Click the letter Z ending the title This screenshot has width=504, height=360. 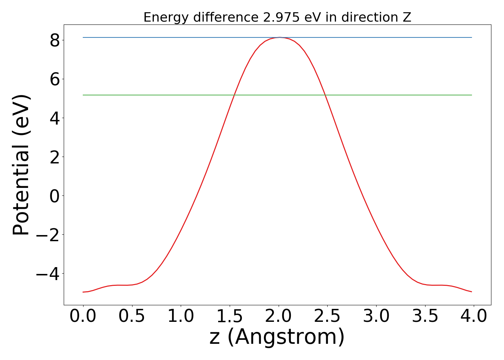tap(407, 17)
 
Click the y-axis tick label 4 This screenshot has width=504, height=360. tap(55, 118)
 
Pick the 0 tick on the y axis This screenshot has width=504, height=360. tap(55, 196)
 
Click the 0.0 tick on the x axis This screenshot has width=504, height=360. tap(83, 316)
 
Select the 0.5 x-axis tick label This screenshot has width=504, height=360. tap(132, 316)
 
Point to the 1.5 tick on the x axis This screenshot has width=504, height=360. tap(230, 316)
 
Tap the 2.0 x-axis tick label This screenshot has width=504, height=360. tap(279, 316)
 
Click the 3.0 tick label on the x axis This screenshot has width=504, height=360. tap(376, 316)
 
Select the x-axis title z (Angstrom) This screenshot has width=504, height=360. tap(277, 337)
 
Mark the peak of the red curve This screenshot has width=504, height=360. tap(279, 37)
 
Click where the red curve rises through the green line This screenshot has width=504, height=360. tap(234, 95)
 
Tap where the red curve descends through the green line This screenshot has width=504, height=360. tap(325, 95)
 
